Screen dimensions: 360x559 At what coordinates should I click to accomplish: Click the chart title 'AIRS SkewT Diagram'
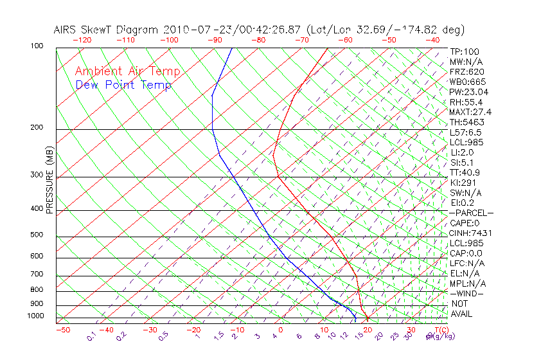pos(107,30)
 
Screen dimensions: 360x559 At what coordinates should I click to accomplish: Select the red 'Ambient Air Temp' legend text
pos(128,72)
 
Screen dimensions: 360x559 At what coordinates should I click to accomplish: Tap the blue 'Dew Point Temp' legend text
pos(123,85)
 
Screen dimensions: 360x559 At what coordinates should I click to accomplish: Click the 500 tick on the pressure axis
pos(36,235)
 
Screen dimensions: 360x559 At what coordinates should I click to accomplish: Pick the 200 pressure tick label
pos(36,128)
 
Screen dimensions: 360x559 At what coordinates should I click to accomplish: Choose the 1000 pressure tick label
pos(35,316)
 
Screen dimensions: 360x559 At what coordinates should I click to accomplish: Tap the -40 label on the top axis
pos(432,40)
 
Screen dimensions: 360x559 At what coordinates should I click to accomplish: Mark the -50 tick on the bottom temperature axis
pos(62,330)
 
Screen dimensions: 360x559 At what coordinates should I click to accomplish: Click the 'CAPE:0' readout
pos(466,223)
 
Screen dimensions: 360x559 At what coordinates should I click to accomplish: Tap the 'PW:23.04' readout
pos(468,92)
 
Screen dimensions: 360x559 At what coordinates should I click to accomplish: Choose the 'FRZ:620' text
pos(467,72)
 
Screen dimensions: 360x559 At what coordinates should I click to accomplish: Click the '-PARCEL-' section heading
pos(471,213)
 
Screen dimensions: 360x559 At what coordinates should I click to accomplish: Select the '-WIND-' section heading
pos(467,294)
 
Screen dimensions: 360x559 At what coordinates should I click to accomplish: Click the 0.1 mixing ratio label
pos(91,336)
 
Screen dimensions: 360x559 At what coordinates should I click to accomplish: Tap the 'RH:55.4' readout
pos(466,102)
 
